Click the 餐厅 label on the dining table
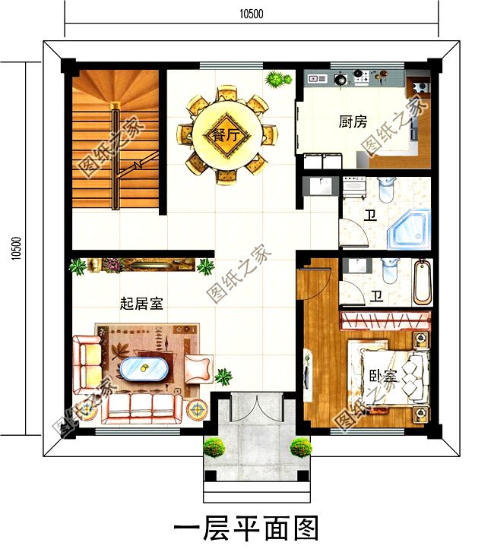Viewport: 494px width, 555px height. (x=226, y=135)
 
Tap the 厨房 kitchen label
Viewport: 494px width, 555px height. (x=353, y=121)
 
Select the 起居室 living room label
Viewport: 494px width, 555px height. (x=142, y=304)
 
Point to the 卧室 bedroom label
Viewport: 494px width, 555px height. (x=384, y=377)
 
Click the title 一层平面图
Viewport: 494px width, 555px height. (x=246, y=528)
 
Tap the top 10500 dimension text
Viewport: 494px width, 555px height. (x=251, y=14)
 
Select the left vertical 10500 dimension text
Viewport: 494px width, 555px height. (x=16, y=248)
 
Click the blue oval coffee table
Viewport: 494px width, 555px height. (x=144, y=370)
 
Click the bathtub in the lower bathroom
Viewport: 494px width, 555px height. (x=423, y=282)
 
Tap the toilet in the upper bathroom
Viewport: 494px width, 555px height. (x=386, y=189)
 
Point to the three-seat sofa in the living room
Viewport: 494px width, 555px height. (x=142, y=408)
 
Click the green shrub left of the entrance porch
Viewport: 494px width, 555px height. (x=214, y=448)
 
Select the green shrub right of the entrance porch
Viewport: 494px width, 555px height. (x=301, y=447)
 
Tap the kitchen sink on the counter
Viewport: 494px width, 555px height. (x=317, y=78)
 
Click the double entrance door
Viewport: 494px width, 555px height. (x=257, y=406)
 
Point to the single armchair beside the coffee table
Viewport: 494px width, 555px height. (x=198, y=368)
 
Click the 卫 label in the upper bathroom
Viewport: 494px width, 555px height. (x=371, y=215)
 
